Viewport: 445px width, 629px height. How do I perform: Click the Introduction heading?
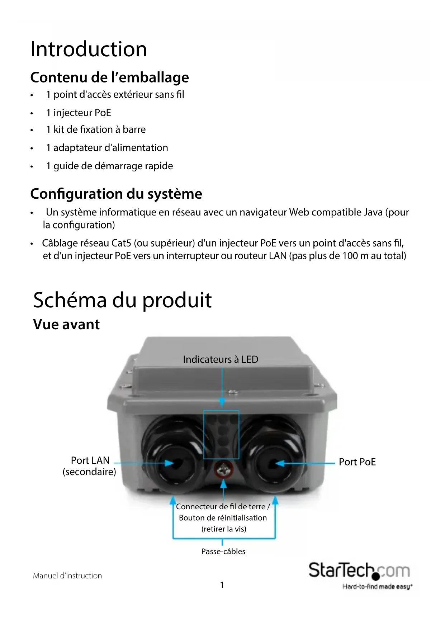coord(89,49)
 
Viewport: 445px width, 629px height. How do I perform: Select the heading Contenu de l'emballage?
coord(109,77)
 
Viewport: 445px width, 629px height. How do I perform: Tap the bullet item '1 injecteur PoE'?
coord(79,113)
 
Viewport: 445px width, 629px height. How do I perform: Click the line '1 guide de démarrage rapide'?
coord(109,166)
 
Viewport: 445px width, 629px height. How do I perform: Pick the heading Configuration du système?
coord(116,194)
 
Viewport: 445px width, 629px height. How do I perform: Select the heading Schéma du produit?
coord(122,300)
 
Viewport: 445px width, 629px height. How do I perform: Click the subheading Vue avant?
coord(66,324)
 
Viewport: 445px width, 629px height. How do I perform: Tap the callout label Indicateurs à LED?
coord(221,359)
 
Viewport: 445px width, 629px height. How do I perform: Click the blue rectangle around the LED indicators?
coord(221,435)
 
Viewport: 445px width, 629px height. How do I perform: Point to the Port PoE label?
coord(357,462)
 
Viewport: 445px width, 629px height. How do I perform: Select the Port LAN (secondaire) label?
coord(90,466)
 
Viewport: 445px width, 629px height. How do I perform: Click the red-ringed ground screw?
coord(223,469)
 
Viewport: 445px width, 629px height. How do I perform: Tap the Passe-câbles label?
coord(223,552)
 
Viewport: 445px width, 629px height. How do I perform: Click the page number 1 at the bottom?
coord(222,585)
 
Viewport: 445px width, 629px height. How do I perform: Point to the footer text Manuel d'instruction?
coord(67,576)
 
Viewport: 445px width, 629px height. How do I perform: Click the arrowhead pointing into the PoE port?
coord(280,463)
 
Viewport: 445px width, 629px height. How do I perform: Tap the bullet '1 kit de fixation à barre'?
coord(96,129)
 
